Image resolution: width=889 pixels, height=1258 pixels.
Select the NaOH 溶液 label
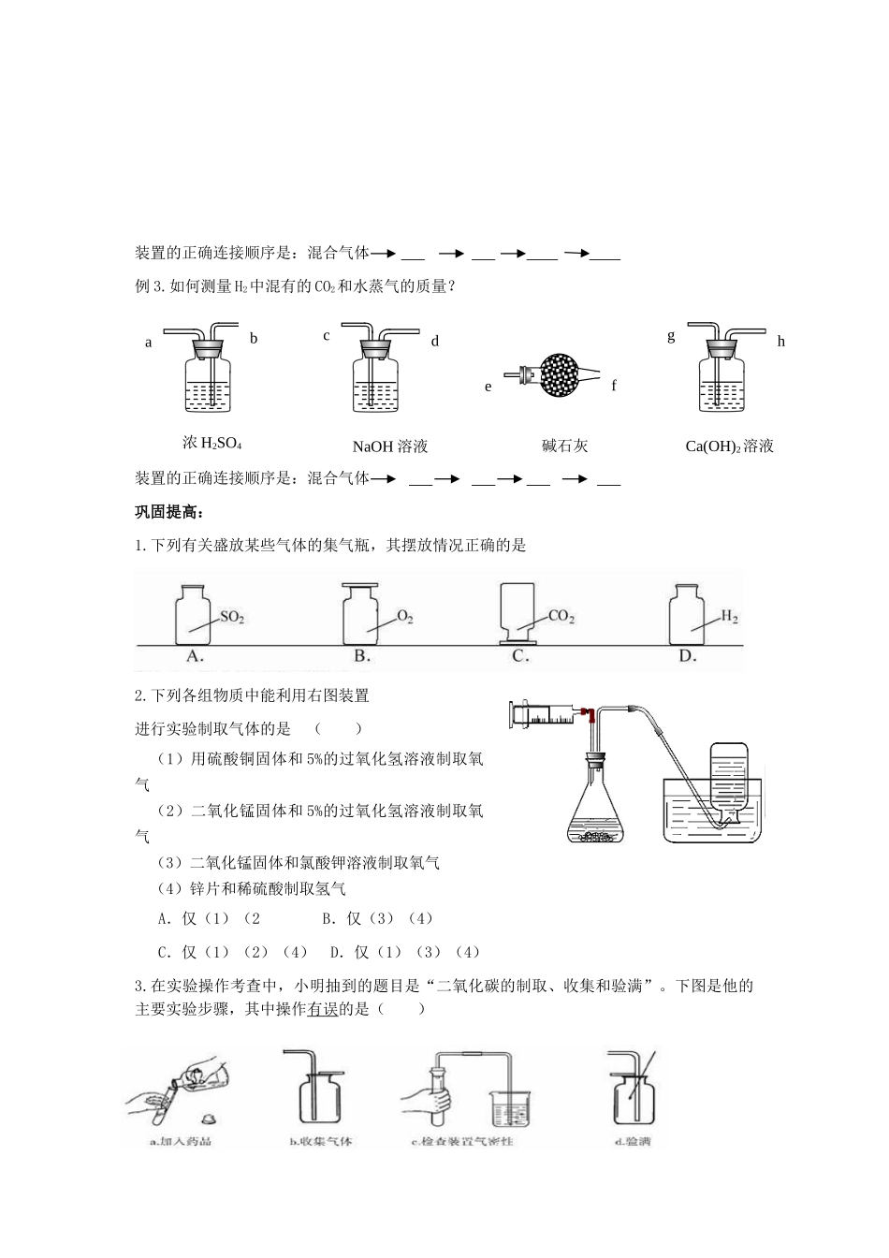[390, 446]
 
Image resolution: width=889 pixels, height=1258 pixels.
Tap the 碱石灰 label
[564, 446]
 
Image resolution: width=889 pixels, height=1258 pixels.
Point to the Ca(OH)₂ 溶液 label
[730, 446]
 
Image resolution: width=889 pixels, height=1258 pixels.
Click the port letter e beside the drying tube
[488, 387]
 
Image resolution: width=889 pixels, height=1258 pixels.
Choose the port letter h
[781, 342]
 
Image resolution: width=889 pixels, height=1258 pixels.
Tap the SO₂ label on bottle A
[231, 618]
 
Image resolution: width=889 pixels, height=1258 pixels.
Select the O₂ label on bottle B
[404, 617]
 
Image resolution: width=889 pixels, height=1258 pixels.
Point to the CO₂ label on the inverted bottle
[561, 617]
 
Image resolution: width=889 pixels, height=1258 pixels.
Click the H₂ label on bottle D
[730, 617]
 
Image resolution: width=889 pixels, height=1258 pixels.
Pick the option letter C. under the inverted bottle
[521, 656]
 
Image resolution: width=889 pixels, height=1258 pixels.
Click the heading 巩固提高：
[169, 512]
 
